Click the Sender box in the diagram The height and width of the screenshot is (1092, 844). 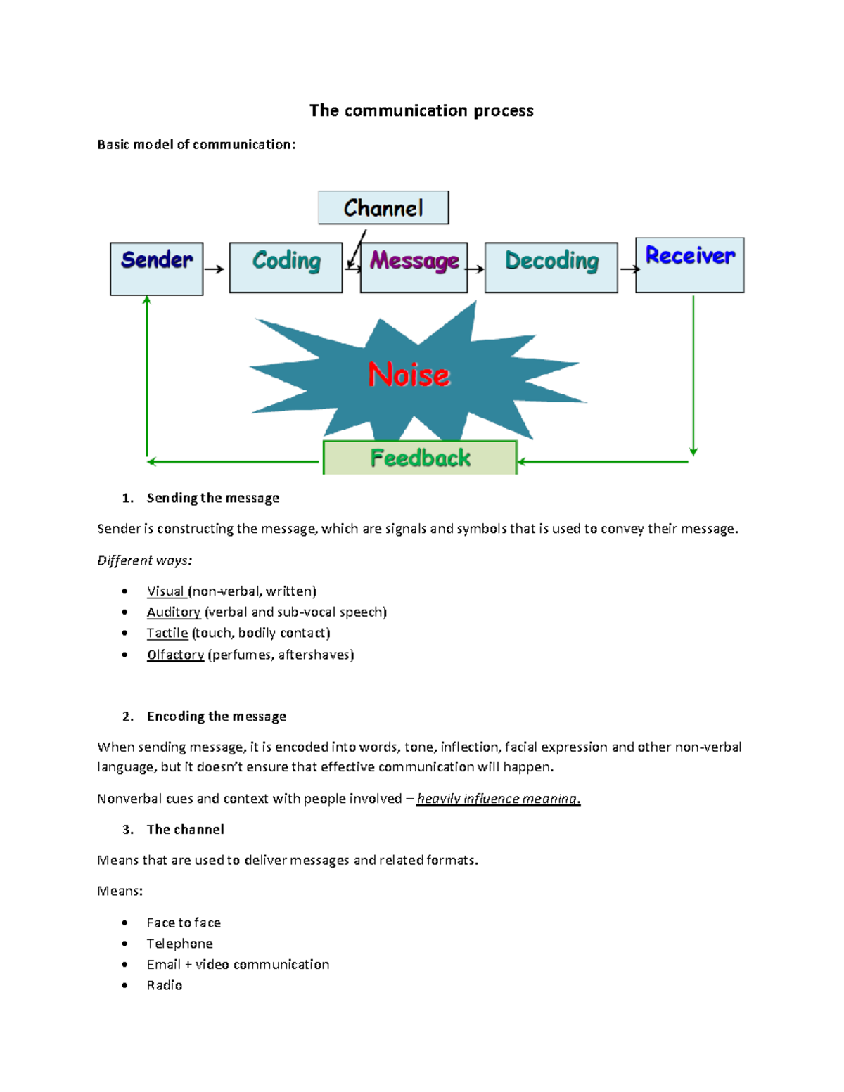point(157,268)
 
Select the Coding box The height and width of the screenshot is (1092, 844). point(286,267)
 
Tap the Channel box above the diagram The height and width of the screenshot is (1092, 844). point(383,207)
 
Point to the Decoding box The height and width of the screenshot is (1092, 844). point(551,267)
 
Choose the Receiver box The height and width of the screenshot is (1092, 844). point(690,264)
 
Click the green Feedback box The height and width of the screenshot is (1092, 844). point(420,458)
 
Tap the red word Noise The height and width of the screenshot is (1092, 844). point(409,375)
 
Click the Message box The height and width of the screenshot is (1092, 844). point(414,267)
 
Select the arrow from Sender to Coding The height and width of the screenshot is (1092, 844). point(215,269)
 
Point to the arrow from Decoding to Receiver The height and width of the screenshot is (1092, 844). point(629,269)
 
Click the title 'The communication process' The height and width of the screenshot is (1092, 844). point(421,110)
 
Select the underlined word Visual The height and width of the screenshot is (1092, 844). point(166,591)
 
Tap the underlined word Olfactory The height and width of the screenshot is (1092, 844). point(175,655)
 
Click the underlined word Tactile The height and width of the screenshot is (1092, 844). point(167,633)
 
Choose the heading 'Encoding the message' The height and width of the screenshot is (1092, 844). point(216,716)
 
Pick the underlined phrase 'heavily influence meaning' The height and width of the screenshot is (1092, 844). point(498,799)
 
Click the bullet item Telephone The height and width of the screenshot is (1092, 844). point(179,944)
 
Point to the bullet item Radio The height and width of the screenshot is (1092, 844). point(165,985)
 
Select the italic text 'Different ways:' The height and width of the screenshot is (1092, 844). point(145,560)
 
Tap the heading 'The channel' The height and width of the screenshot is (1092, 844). point(185,829)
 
